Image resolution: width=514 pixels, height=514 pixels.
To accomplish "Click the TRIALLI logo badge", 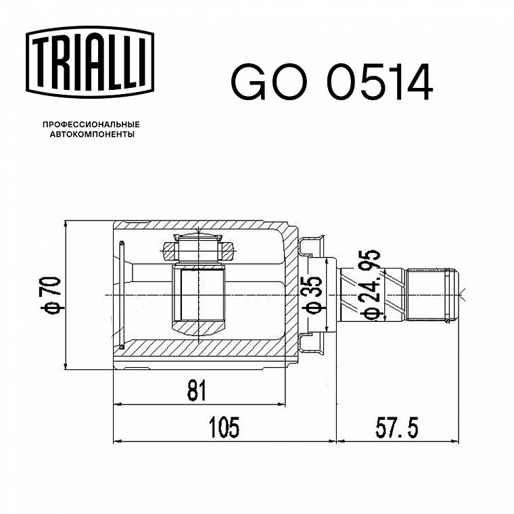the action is [x=90, y=62].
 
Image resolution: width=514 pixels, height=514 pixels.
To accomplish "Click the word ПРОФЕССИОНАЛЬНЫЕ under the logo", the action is [x=91, y=124].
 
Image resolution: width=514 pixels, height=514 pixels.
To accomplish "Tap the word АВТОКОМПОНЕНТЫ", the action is [x=92, y=135].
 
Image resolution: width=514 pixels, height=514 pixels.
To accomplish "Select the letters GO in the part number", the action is [x=269, y=82].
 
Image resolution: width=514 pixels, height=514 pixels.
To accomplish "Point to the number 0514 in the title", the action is [x=380, y=82].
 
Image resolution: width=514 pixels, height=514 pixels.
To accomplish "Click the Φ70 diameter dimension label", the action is [x=51, y=295].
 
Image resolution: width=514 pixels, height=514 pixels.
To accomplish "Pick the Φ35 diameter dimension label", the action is [x=311, y=295].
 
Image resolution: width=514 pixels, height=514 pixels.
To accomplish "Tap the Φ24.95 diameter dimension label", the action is [x=370, y=285].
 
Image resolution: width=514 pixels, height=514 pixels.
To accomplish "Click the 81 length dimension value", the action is [x=197, y=390].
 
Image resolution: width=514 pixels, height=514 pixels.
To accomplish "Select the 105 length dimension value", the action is [x=225, y=427].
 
